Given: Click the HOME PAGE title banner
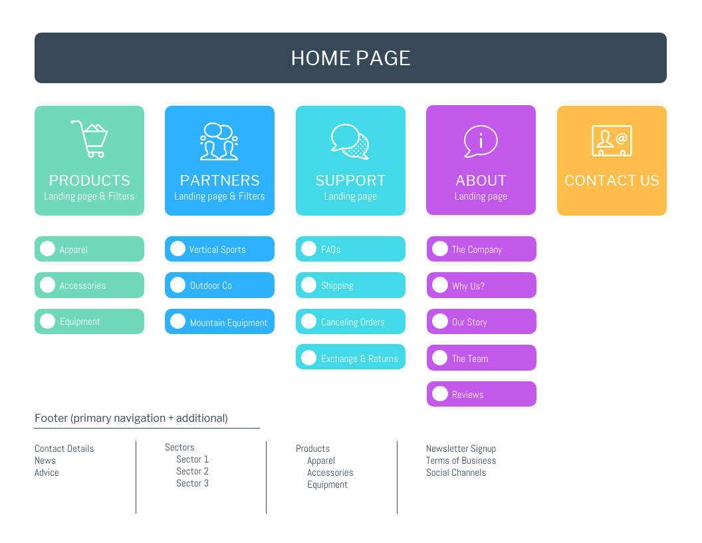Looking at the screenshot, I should click(350, 58).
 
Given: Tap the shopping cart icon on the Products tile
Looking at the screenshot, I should click(90, 138).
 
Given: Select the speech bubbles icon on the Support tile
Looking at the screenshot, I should click(350, 141).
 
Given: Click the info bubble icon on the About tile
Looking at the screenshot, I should click(480, 141).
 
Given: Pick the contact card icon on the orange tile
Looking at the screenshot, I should click(612, 141).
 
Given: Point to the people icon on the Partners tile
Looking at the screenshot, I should click(219, 141).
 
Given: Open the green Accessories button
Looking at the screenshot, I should click(89, 285).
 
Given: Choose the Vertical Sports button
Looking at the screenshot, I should click(219, 250).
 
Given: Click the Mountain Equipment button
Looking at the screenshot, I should click(219, 322).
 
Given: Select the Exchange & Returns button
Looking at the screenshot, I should click(350, 358).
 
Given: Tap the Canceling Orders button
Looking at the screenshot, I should click(350, 322).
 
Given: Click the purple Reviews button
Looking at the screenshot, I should click(481, 394).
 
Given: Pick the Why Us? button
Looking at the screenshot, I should click(481, 285).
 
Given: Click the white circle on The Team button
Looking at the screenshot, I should click(440, 357).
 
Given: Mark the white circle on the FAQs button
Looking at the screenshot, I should click(308, 249).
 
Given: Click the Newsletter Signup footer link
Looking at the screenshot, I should click(461, 449).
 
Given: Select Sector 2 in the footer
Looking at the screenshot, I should click(192, 471).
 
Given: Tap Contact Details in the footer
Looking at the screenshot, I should click(64, 449).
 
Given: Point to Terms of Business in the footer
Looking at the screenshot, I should click(461, 460).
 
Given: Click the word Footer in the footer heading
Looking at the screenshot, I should click(51, 418).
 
